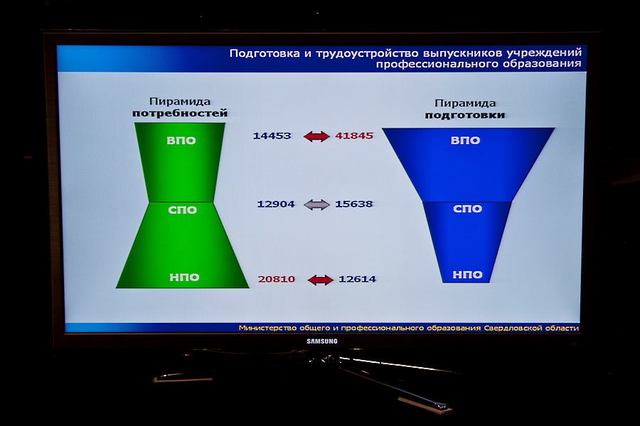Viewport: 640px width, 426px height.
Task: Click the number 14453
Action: (272, 136)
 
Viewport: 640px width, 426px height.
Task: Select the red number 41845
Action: (354, 136)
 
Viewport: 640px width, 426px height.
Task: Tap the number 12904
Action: (275, 204)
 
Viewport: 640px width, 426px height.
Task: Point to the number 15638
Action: (354, 204)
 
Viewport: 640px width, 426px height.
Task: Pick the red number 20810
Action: (277, 279)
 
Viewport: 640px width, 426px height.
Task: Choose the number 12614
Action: (357, 279)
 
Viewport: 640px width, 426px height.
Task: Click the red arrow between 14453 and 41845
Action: (316, 136)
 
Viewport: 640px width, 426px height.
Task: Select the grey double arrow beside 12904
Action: (316, 204)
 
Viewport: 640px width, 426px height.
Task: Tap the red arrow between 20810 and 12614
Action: (321, 280)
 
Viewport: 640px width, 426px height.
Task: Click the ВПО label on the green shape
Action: (181, 141)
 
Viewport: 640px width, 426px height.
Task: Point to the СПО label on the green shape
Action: (183, 210)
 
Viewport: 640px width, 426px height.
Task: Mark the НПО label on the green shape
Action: (184, 278)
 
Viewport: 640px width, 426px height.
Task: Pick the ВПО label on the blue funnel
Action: (465, 141)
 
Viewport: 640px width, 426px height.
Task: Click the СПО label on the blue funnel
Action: (468, 209)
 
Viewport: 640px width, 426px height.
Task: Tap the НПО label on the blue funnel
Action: (468, 275)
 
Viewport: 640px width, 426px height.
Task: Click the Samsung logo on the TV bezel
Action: (322, 342)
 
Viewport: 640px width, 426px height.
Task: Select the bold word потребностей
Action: (180, 113)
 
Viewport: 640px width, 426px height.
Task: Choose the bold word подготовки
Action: (465, 115)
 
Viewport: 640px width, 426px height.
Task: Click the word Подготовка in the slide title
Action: (265, 53)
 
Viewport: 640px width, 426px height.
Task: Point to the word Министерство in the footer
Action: (268, 328)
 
